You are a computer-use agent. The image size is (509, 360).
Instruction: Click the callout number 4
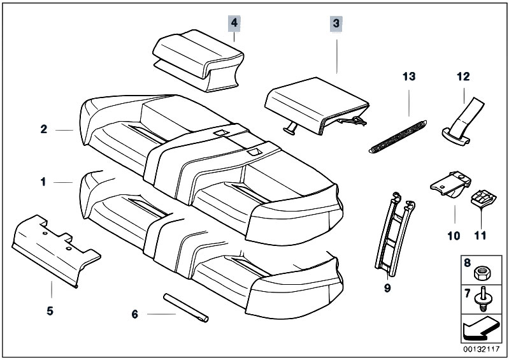pyautogui.click(x=234, y=23)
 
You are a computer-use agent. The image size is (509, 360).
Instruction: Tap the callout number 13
pyautogui.click(x=408, y=76)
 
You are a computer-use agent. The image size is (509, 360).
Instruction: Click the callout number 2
pyautogui.click(x=43, y=129)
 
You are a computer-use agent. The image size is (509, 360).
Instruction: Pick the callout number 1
pyautogui.click(x=43, y=182)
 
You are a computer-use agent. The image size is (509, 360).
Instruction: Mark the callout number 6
pyautogui.click(x=134, y=314)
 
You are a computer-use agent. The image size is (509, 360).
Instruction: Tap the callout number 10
pyautogui.click(x=453, y=236)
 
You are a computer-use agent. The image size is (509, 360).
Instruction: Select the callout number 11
pyautogui.click(x=480, y=236)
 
